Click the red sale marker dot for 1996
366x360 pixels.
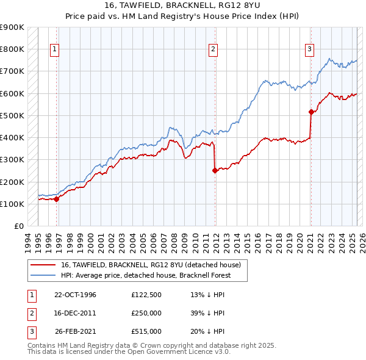56,198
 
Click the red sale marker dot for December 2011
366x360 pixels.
215,171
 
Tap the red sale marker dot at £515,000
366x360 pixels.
311,112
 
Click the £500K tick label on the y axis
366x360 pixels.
13,115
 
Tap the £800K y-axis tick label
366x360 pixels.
13,49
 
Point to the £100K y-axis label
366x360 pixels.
13,204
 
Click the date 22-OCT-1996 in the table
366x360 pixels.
75,295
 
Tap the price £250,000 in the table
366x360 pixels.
146,313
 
